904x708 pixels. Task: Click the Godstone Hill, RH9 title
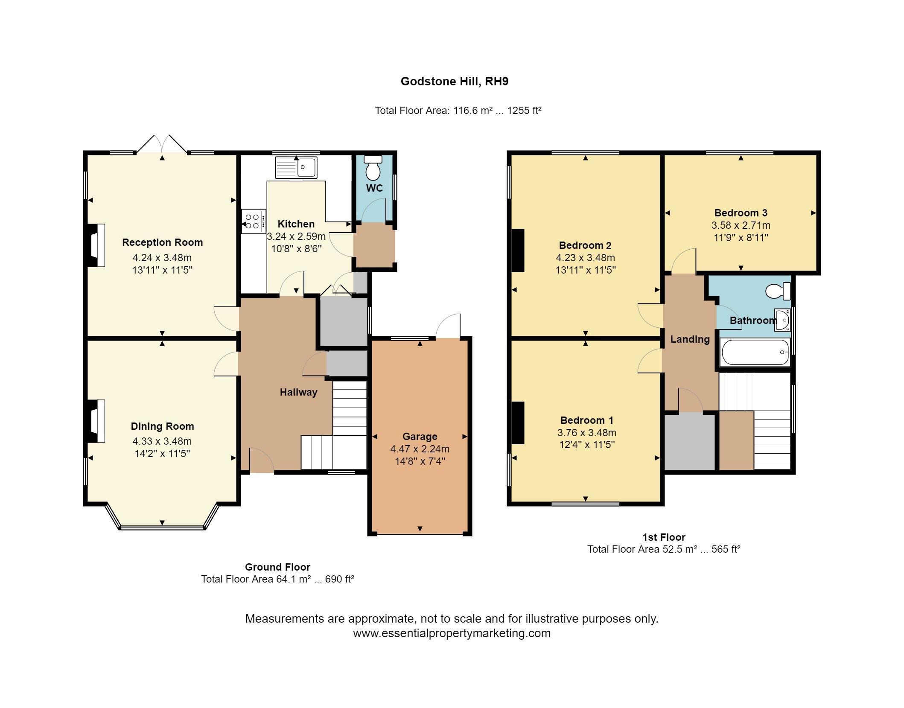pyautogui.click(x=454, y=82)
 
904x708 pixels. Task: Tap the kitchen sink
pyautogui.click(x=296, y=167)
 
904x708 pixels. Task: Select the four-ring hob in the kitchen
pyautogui.click(x=254, y=221)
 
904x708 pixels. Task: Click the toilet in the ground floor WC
pyautogui.click(x=373, y=168)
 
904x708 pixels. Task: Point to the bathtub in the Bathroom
pyautogui.click(x=755, y=352)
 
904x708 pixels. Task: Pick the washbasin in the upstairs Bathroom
pyautogui.click(x=783, y=320)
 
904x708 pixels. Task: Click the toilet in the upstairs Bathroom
pyautogui.click(x=778, y=291)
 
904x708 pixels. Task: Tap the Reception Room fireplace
pyautogui.click(x=96, y=245)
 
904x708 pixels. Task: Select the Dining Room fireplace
pyautogui.click(x=96, y=421)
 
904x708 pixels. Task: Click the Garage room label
pyautogui.click(x=420, y=437)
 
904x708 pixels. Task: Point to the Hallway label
pyautogui.click(x=299, y=393)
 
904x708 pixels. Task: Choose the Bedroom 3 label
pyautogui.click(x=741, y=213)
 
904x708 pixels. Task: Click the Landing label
pyautogui.click(x=690, y=340)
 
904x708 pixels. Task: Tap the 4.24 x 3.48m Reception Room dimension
pyautogui.click(x=162, y=258)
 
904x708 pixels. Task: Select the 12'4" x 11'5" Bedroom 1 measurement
pyautogui.click(x=587, y=445)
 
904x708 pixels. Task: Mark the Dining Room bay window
pyautogui.click(x=162, y=517)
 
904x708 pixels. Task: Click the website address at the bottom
pyautogui.click(x=452, y=633)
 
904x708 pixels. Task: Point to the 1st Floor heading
pyautogui.click(x=664, y=537)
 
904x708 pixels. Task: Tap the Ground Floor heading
pyautogui.click(x=277, y=567)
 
